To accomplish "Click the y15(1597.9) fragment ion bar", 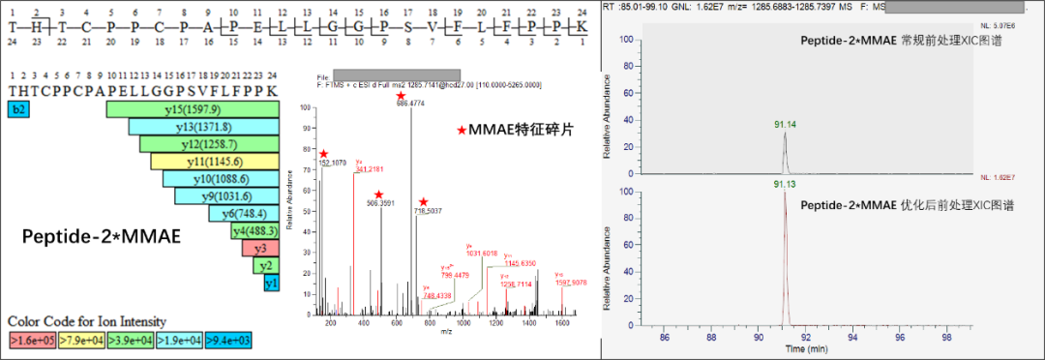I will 194,109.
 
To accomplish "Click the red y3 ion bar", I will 261,248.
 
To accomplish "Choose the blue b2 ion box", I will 17,109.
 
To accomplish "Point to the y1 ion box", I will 272,283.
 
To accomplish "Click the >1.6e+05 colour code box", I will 31,340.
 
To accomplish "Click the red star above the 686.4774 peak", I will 401,95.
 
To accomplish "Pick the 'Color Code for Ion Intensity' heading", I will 87,321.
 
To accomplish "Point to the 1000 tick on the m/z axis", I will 463,322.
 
